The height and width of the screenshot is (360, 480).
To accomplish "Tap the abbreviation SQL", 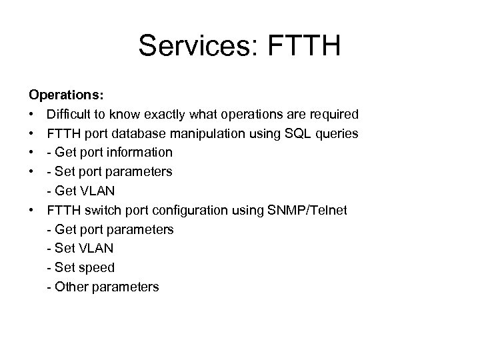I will click(x=296, y=134).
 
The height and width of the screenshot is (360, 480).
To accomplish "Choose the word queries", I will click(x=337, y=134).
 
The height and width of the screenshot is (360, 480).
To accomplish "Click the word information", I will click(x=140, y=153).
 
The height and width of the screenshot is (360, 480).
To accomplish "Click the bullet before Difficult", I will click(x=32, y=115).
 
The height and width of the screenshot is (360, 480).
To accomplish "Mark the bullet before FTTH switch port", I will click(x=32, y=211).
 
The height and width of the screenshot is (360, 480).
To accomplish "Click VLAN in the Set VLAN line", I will click(x=96, y=249).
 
